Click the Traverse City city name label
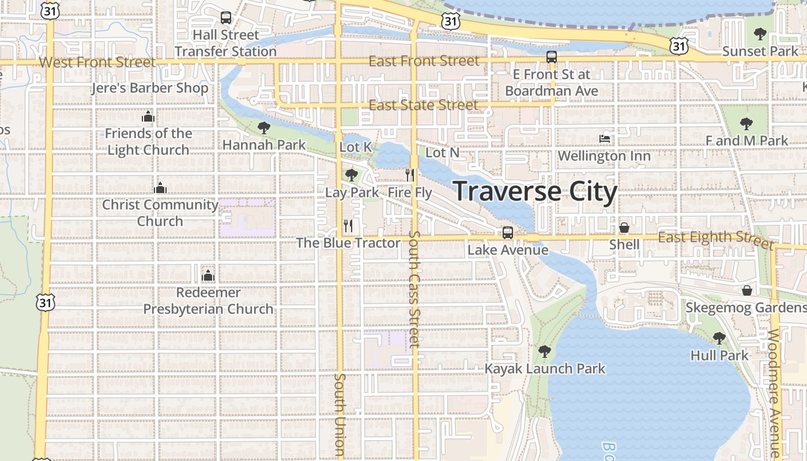click(x=536, y=191)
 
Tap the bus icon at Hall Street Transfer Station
click(x=226, y=18)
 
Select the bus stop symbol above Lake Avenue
click(x=507, y=232)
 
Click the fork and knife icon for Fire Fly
click(x=410, y=175)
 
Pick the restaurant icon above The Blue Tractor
click(x=348, y=225)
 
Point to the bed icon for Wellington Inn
click(x=605, y=138)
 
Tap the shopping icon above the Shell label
click(x=624, y=228)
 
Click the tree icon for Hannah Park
click(x=264, y=127)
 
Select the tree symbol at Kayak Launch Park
click(x=544, y=351)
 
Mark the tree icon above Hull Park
click(x=719, y=338)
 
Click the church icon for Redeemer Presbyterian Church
click(x=208, y=275)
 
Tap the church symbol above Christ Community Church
click(x=160, y=188)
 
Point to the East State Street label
click(x=423, y=105)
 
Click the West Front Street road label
click(x=97, y=62)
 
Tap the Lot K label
click(x=356, y=147)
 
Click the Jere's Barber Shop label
click(x=150, y=88)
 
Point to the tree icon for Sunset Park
click(x=760, y=34)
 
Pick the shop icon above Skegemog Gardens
click(x=747, y=290)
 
